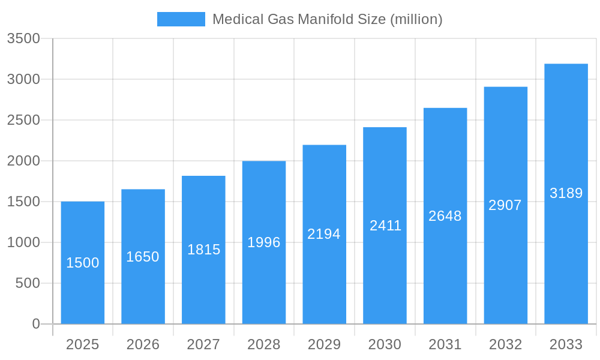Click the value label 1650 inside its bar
[143, 257]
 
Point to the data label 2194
[324, 234]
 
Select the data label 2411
[385, 226]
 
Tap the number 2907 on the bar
[505, 205]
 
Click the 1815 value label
[204, 250]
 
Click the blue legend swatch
[181, 19]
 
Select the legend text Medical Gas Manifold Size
[328, 19]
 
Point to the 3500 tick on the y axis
[23, 39]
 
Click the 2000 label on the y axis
[23, 161]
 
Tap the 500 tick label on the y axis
[28, 283]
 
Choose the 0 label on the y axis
[36, 324]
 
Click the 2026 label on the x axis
[143, 344]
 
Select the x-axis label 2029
[324, 344]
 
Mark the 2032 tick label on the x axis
[505, 344]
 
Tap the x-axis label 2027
[203, 344]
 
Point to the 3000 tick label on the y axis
[23, 79]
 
